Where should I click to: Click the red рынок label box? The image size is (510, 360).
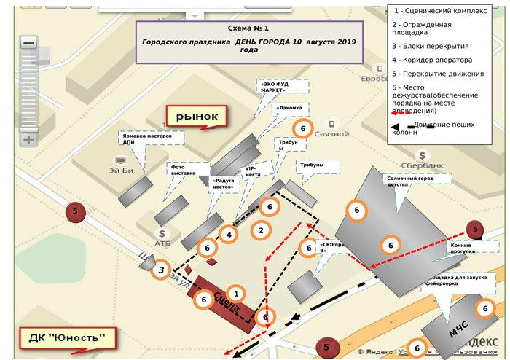pos(197,116)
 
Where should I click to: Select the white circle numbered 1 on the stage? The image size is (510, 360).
pos(235,293)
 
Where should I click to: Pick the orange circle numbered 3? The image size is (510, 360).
pos(161,270)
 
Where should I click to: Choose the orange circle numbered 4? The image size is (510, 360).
pos(229,235)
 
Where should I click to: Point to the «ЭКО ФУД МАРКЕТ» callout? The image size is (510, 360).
pos(282,86)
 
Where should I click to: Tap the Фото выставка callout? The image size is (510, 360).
pos(184,169)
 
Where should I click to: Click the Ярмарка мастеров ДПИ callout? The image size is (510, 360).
pos(151,138)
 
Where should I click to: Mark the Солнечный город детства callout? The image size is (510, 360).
pos(417,180)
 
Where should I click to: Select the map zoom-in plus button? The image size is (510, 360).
pos(29,139)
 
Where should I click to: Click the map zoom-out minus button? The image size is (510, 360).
pos(29,43)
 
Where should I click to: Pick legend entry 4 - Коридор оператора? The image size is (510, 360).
pos(431,60)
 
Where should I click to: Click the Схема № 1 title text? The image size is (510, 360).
pos(248,28)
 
